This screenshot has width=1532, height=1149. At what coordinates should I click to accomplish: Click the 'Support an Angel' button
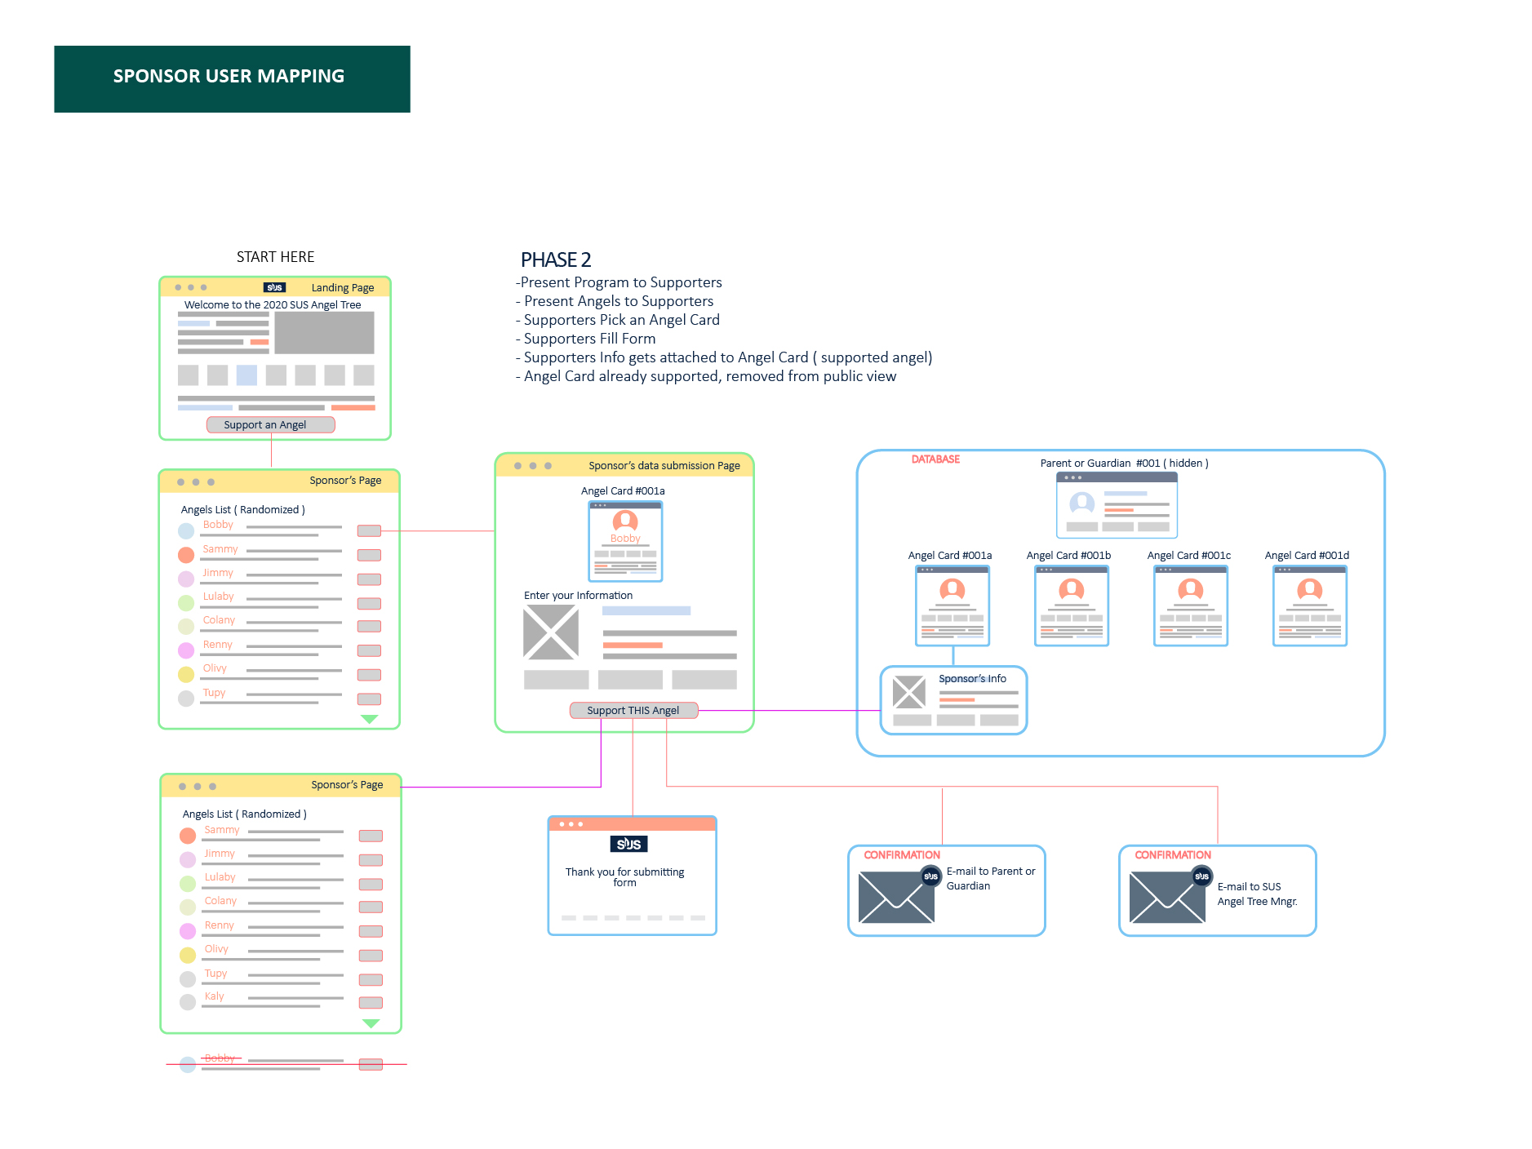[270, 424]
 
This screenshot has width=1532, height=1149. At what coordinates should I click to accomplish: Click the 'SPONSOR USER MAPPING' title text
[229, 76]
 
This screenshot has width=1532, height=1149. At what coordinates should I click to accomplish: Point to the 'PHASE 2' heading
[556, 260]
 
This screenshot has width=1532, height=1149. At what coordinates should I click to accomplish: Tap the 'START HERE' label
[275, 257]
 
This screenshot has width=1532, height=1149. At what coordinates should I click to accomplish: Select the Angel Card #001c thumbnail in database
[1190, 606]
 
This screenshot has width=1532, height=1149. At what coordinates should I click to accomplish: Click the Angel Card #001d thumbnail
[1309, 606]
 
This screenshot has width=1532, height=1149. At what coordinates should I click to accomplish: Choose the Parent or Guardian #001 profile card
[1117, 505]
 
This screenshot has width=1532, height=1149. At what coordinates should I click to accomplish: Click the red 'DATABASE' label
[935, 459]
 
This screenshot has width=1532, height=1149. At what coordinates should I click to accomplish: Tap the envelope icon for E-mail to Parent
[896, 897]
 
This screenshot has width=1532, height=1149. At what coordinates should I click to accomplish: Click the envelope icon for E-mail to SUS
[1167, 897]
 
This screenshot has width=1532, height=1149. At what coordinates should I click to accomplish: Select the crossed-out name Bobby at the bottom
[220, 1058]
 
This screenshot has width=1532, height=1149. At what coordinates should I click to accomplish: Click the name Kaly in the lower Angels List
[215, 996]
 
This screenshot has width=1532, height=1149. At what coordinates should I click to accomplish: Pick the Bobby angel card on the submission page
[625, 540]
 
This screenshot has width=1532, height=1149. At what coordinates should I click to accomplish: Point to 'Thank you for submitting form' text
[624, 877]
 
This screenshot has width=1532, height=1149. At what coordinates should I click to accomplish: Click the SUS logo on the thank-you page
[628, 844]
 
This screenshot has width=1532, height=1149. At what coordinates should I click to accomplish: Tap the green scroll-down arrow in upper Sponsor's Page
[369, 719]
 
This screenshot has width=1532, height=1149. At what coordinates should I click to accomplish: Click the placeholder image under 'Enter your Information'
[551, 632]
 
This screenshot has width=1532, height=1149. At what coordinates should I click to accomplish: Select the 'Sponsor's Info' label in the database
[972, 678]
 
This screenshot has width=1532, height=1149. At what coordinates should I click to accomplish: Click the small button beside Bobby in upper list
[369, 531]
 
